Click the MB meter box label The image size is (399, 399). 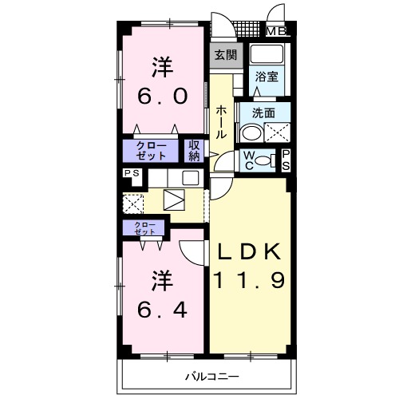(276, 31)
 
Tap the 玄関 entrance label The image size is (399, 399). (226, 55)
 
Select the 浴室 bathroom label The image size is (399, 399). (267, 77)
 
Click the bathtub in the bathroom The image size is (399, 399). (267, 54)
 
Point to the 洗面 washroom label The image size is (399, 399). (263, 113)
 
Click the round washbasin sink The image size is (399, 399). (251, 134)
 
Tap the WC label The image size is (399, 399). (249, 160)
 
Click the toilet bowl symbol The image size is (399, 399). (263, 160)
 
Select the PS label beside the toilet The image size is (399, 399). (286, 160)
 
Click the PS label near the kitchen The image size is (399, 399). (132, 173)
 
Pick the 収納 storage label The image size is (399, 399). (194, 151)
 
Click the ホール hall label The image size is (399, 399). (221, 122)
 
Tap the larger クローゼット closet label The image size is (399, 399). (151, 151)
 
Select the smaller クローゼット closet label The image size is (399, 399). (144, 228)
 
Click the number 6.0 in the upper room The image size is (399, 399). (163, 97)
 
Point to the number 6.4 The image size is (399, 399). (162, 310)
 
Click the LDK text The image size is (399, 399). (249, 251)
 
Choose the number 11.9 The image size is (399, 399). (249, 280)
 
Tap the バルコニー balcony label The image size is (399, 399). (212, 377)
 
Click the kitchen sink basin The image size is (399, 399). (191, 178)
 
